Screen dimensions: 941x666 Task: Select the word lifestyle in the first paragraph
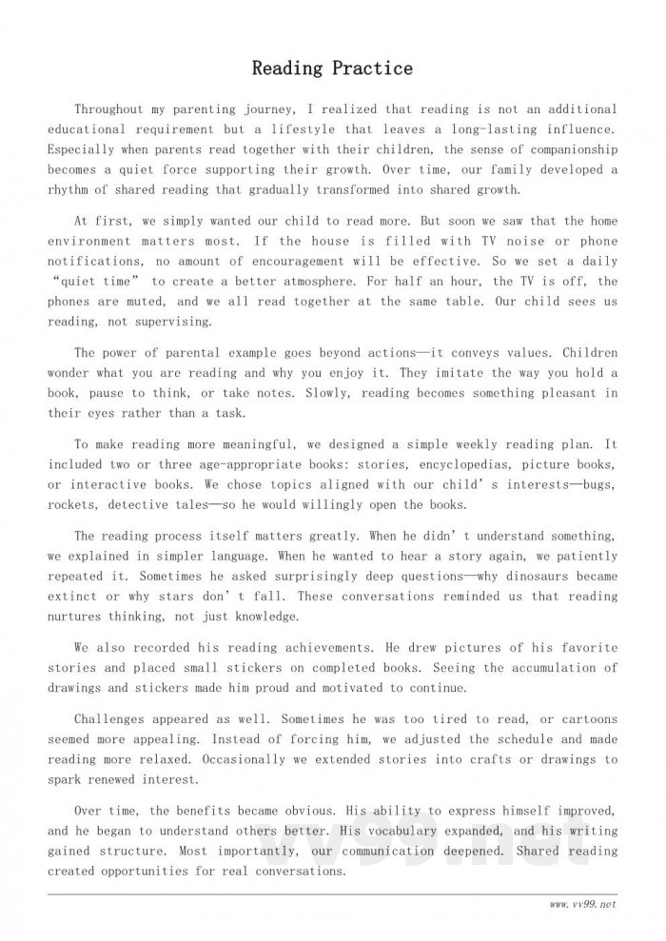[315, 129]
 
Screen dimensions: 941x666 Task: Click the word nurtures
[85, 616]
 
